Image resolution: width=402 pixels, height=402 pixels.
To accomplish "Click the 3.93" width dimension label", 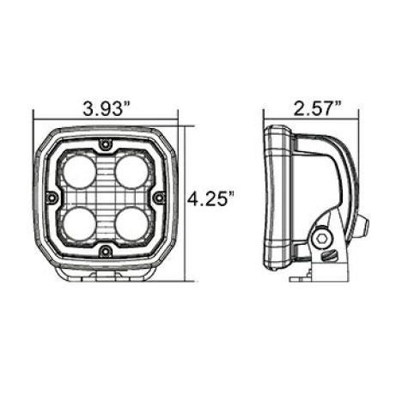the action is coord(107,108).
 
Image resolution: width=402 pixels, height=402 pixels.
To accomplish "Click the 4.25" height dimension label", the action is coord(210,198).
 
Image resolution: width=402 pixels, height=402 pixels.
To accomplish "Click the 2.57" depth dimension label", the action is coord(317,108).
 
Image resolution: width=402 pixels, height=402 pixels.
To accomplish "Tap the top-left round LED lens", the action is coord(79,173).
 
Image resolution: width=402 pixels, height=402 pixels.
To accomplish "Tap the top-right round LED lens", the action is coord(131,173).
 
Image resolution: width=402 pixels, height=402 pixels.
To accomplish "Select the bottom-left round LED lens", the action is coord(79,224).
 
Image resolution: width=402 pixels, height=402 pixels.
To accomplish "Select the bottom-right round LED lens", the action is coord(131,224).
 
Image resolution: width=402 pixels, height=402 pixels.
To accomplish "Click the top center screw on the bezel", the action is coord(106,143).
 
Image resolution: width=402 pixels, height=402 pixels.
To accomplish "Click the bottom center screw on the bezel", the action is coord(106,252).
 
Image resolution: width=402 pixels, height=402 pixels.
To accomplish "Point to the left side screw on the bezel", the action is coord(52,198).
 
